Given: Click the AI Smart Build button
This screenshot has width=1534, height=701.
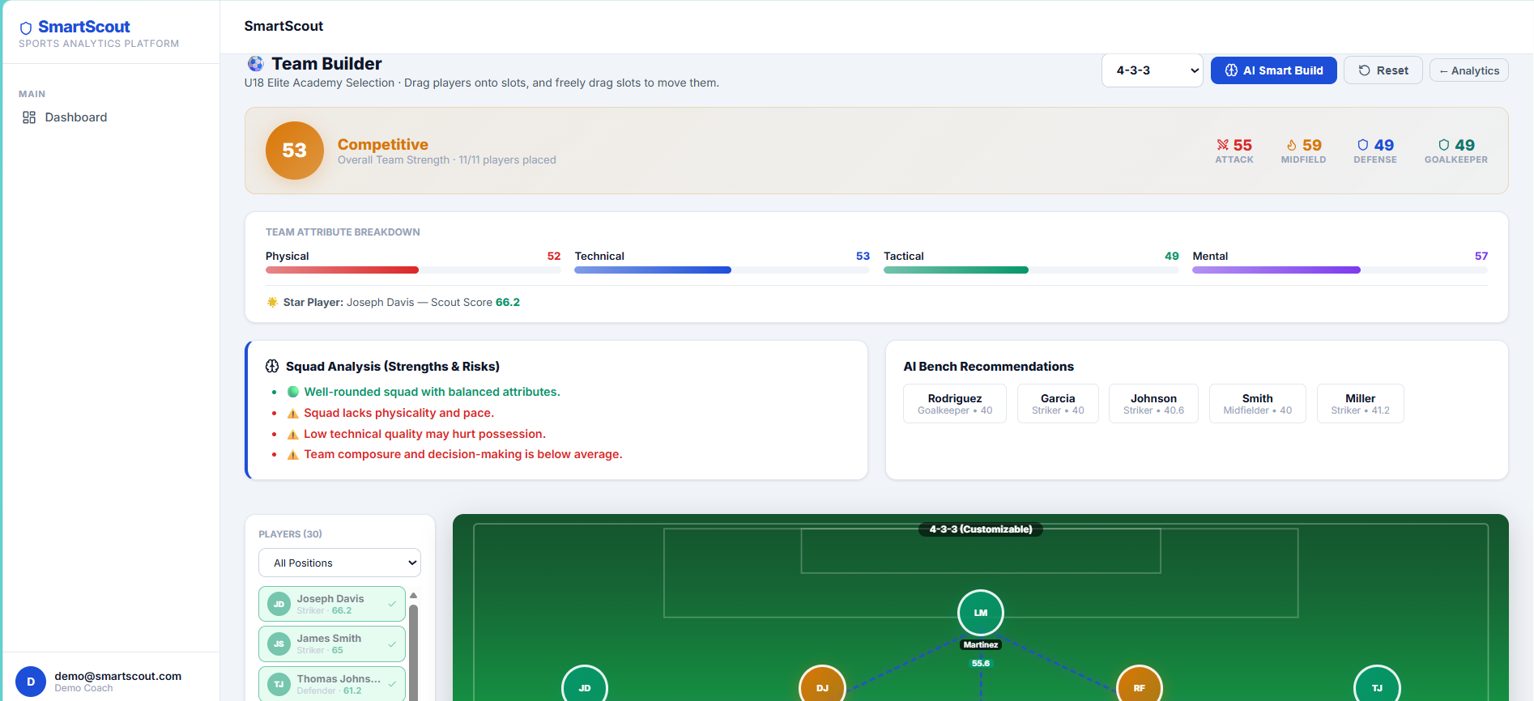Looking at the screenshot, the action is coord(1273,70).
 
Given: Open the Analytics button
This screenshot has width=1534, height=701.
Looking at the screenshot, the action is coord(1468,70).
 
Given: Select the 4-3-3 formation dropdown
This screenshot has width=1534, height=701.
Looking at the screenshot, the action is coord(1152,70).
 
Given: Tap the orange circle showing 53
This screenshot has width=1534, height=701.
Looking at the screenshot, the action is coord(295,151).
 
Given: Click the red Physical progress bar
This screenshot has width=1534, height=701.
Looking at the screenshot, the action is coord(342,270).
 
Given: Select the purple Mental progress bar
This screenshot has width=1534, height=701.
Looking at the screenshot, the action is coord(1276,270).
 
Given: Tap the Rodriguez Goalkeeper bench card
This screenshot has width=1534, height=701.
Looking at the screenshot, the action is coord(955,403).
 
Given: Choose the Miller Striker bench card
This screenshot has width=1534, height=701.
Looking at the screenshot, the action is coord(1361,403).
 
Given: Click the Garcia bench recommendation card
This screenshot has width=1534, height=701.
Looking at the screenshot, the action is coord(1058,403).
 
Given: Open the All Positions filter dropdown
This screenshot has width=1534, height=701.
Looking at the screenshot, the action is coord(339,563).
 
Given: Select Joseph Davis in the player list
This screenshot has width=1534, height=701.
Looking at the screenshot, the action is coord(332,604).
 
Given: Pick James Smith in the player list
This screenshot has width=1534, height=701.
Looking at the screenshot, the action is coord(332,644).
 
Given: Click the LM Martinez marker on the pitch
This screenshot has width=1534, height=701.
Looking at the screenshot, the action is coord(981,613).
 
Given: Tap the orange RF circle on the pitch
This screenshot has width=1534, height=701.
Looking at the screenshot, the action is coord(1140,686).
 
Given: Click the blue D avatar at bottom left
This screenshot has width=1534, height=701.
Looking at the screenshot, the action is coord(31,682).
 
